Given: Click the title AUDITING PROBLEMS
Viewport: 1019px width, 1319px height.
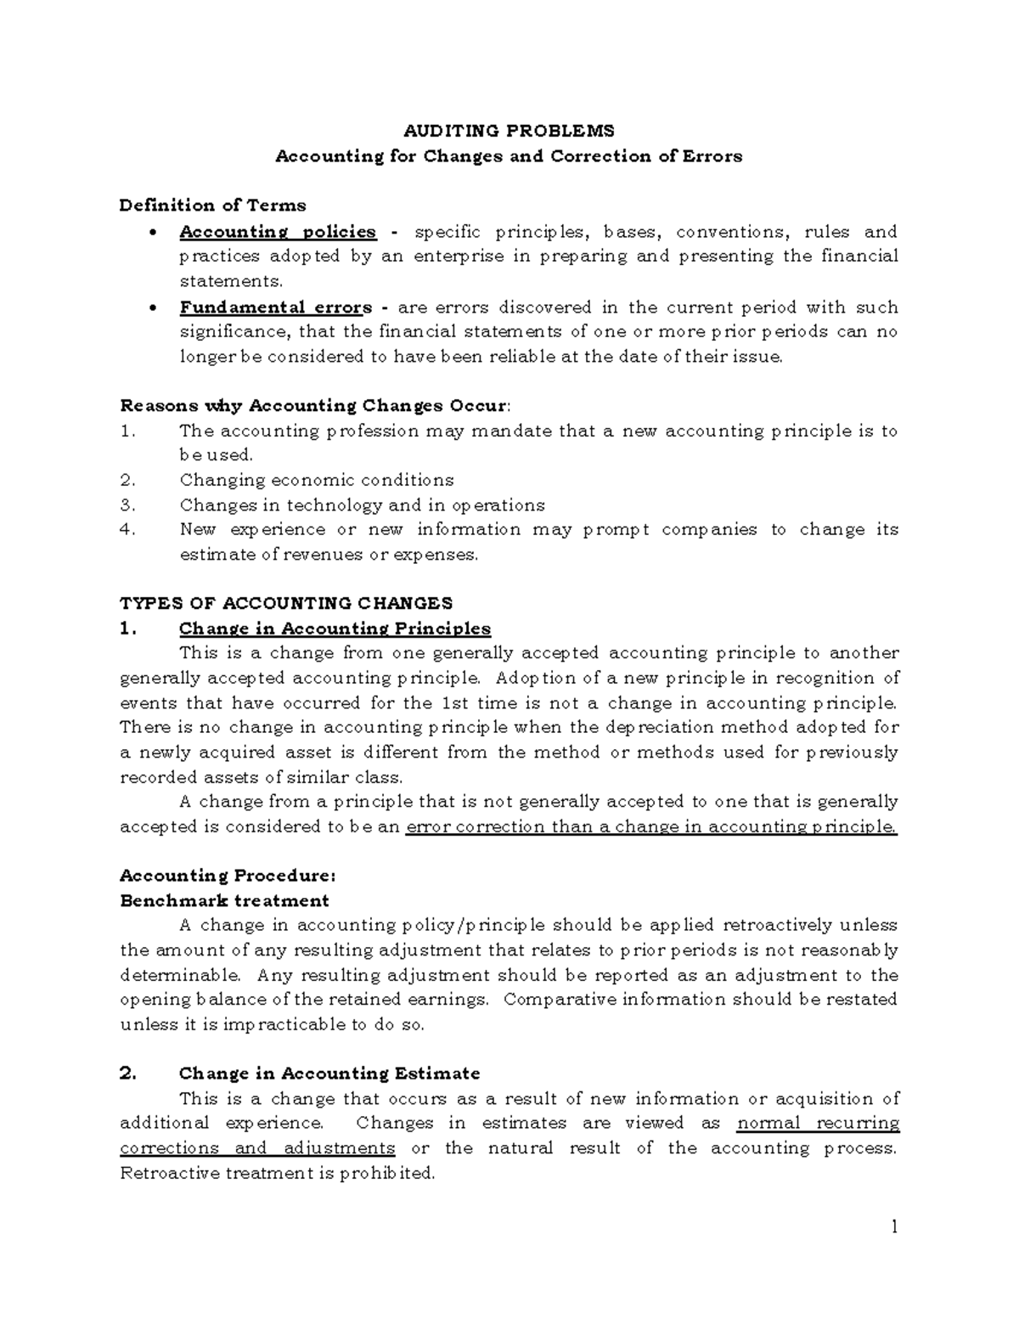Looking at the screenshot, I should (509, 131).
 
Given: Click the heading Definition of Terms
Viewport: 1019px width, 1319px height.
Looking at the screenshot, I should (212, 206).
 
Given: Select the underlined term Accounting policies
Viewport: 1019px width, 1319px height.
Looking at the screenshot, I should (278, 232).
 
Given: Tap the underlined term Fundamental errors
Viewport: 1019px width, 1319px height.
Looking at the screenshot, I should (275, 307).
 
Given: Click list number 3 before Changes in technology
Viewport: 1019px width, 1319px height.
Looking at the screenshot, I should (128, 505).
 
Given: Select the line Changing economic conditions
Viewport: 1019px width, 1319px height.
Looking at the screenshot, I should (317, 480).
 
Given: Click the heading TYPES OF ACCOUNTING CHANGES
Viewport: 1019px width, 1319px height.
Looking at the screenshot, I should (286, 604).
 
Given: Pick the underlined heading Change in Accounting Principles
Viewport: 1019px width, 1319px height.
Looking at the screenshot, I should (335, 629).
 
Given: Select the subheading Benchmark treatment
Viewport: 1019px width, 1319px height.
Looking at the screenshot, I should (224, 900).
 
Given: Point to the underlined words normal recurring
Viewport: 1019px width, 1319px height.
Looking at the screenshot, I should (818, 1123).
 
